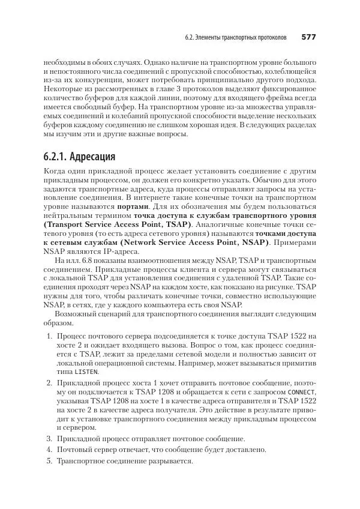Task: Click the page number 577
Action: click(308, 38)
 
